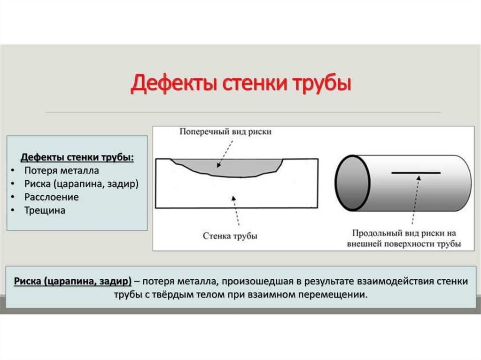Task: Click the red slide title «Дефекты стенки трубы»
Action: click(x=241, y=84)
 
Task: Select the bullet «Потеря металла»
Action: click(x=62, y=170)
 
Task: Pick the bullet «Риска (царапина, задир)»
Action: click(x=81, y=184)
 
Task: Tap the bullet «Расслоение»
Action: click(x=52, y=197)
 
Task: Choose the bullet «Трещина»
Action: click(x=45, y=210)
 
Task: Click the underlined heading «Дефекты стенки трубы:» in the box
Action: click(x=77, y=157)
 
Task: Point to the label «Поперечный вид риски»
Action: click(x=225, y=132)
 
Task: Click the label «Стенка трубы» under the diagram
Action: click(x=230, y=236)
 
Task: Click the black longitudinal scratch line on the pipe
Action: click(x=416, y=173)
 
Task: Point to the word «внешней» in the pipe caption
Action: click(x=363, y=244)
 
